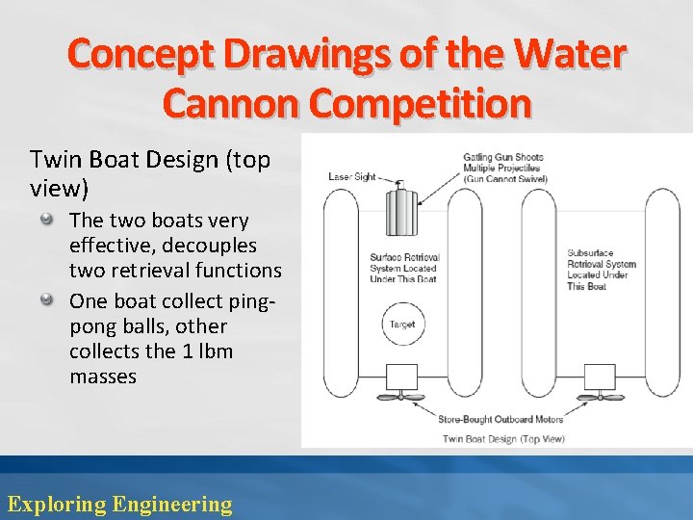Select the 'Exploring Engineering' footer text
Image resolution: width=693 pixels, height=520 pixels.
119,504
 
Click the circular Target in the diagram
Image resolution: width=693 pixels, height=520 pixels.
401,325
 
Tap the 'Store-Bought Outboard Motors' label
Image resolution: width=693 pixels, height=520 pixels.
500,419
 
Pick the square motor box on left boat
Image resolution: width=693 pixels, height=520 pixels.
400,377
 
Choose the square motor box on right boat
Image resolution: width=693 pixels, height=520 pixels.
600,377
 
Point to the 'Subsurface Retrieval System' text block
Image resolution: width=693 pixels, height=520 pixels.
602,270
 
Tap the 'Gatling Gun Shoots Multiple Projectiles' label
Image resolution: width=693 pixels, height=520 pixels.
502,168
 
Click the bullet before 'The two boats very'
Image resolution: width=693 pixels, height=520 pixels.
46,221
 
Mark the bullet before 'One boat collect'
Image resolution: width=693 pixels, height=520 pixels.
46,299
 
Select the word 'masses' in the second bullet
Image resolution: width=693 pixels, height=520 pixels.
103,377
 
